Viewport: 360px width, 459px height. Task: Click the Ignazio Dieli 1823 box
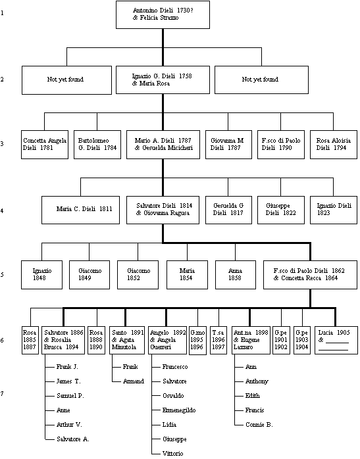(333, 209)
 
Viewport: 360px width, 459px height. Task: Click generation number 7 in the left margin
(3, 394)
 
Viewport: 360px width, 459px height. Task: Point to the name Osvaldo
(173, 395)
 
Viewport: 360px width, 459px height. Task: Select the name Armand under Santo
(134, 381)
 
